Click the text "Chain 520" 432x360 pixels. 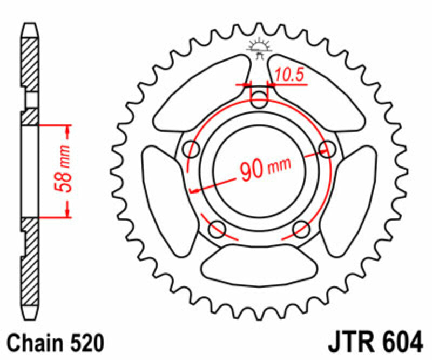[x=55, y=343]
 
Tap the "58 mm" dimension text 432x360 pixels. [x=63, y=170]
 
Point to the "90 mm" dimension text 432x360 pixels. [x=265, y=169]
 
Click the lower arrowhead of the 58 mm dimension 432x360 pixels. [x=67, y=212]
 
